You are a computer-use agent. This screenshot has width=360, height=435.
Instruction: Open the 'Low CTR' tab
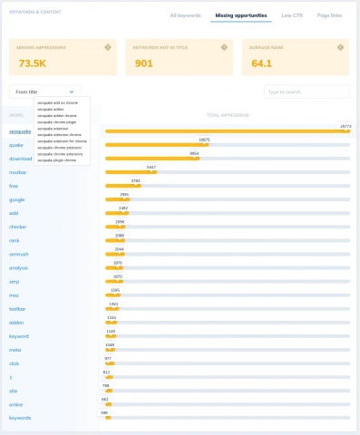292,15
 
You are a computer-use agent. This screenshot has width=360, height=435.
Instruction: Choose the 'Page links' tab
330,15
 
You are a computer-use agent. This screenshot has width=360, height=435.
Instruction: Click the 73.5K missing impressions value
32,63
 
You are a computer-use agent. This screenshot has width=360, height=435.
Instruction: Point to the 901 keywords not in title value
143,63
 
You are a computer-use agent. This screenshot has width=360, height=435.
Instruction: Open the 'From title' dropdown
44,91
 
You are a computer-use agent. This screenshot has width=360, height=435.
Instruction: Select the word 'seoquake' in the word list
20,131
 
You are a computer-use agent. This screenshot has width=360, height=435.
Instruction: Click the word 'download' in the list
20,158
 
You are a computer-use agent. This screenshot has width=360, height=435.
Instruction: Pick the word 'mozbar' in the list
18,171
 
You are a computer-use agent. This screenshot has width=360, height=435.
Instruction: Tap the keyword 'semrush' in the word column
19,254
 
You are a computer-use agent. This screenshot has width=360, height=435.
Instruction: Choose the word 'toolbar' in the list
18,308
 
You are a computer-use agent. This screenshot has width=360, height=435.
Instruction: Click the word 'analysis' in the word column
19,267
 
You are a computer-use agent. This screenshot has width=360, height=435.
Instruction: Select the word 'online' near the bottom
16,403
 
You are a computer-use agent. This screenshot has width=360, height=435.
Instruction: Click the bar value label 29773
345,126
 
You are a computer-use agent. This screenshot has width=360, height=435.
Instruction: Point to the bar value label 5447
151,167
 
